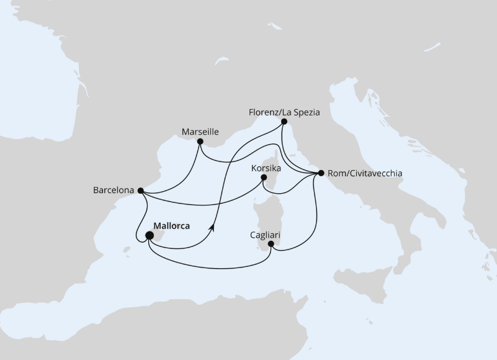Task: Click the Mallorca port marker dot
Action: click(150, 235)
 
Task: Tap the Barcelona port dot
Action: click(141, 191)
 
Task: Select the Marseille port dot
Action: click(200, 142)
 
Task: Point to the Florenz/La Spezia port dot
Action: click(284, 122)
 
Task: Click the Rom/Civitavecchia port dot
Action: click(321, 173)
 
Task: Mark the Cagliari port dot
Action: click(271, 244)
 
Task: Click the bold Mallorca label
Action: click(171, 226)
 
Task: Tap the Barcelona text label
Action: click(114, 191)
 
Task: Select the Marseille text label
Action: click(200, 132)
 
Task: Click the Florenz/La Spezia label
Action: click(284, 112)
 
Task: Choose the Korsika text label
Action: click(266, 168)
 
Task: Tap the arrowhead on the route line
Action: click(213, 228)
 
